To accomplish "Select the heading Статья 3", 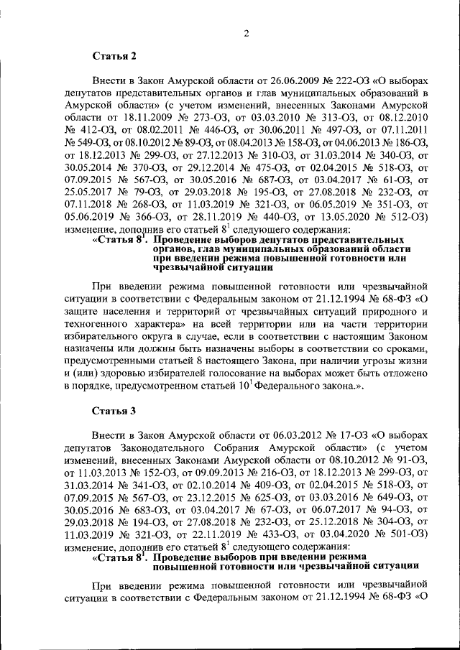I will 114,412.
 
